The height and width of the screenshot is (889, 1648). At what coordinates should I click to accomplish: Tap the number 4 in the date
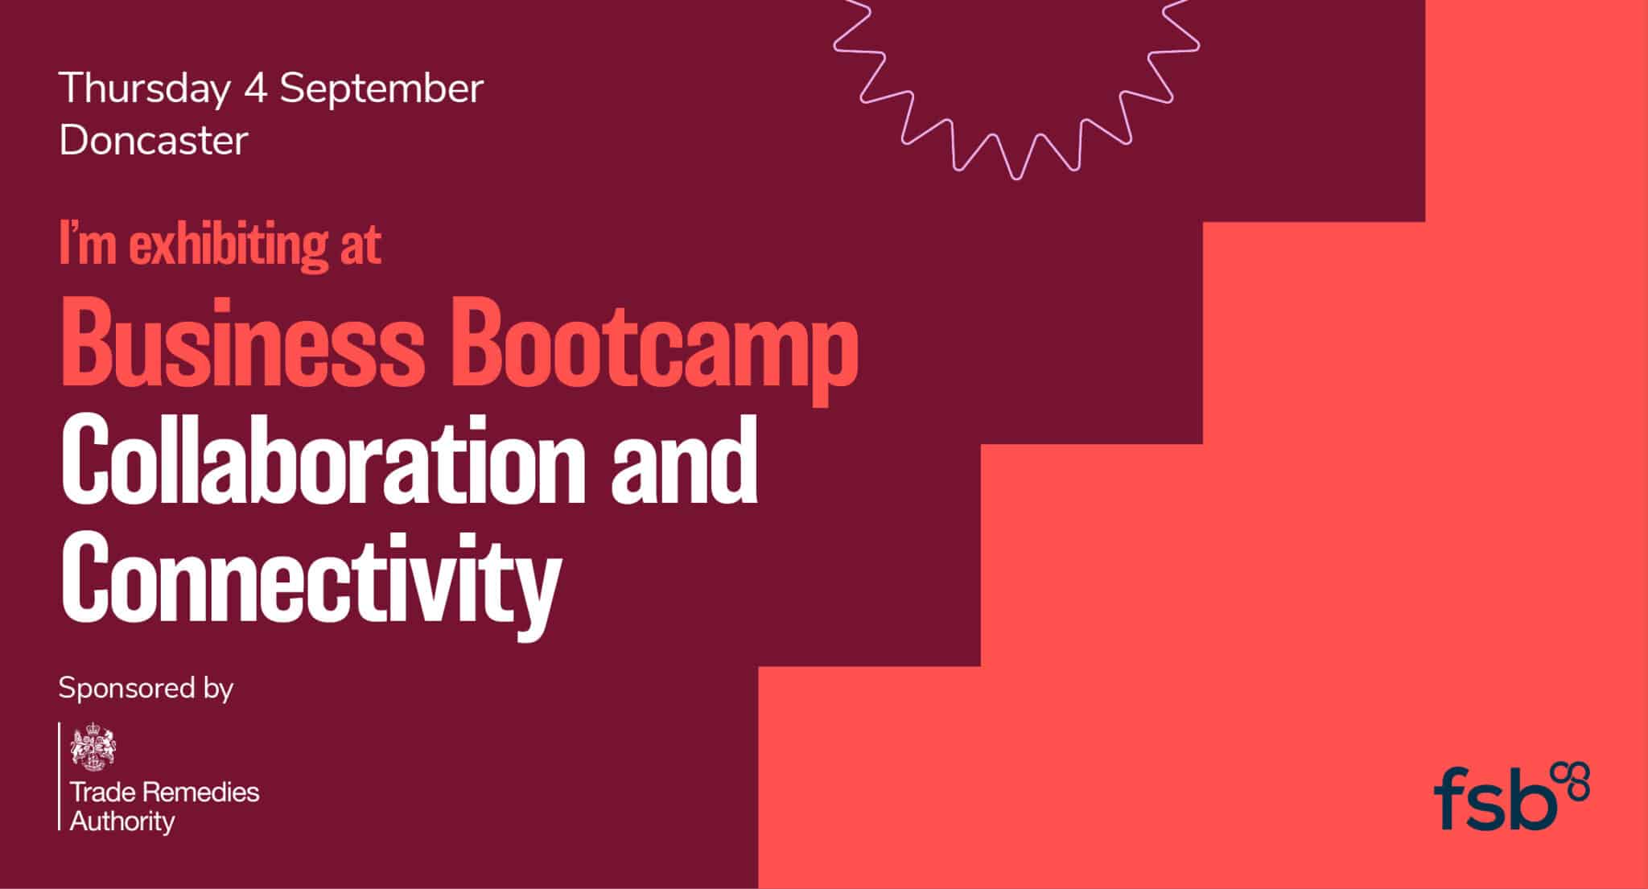coord(255,88)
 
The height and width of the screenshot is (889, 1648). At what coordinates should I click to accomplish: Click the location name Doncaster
coord(154,141)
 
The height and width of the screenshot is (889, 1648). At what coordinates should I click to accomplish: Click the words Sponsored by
coord(146,689)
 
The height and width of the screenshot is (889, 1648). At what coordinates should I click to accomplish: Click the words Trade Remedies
coord(165,792)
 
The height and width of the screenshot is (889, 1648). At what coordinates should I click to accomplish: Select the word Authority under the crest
coord(122,822)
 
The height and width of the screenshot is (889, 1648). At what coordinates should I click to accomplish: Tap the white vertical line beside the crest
coord(60,776)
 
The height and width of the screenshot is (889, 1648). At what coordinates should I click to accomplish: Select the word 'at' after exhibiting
coord(360,246)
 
